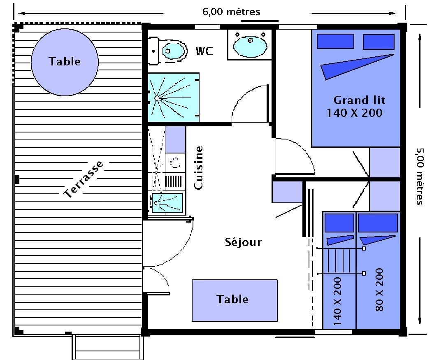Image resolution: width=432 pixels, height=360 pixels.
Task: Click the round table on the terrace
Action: (x=65, y=62)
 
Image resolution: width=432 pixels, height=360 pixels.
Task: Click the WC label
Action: (x=204, y=51)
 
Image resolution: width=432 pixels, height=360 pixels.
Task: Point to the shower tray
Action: (x=174, y=98)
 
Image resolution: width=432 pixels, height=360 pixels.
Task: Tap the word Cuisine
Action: (x=198, y=168)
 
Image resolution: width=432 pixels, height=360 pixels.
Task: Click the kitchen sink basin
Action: (x=167, y=203)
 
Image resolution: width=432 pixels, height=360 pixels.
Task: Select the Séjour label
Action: (x=243, y=242)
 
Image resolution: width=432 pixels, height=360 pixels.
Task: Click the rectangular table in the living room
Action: (x=235, y=300)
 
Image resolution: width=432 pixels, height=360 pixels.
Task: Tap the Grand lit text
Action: (x=359, y=100)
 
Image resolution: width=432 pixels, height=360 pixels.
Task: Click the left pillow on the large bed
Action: (x=335, y=41)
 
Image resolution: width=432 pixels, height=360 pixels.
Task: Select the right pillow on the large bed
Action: (x=379, y=42)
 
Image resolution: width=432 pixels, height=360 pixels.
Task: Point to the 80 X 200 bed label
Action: (x=379, y=290)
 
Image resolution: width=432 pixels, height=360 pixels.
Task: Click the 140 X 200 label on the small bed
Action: (x=337, y=301)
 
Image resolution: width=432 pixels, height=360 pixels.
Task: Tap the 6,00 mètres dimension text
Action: (x=231, y=12)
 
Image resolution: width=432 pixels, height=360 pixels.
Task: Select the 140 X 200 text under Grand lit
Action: (x=355, y=113)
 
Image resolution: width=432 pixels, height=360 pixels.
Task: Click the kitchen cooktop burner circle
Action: (x=175, y=162)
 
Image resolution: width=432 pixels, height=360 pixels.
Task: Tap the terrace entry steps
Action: (x=108, y=348)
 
